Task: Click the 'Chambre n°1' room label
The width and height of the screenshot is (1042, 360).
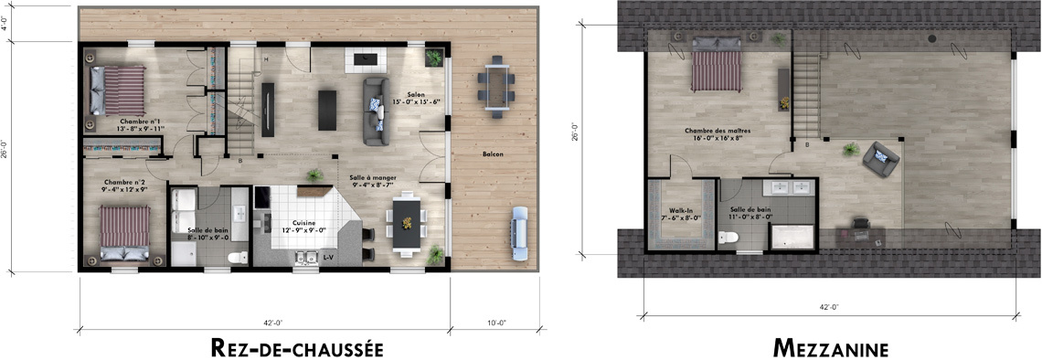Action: click(140, 121)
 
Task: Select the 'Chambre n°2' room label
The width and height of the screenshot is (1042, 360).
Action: click(125, 181)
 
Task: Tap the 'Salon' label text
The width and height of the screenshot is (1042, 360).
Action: click(416, 93)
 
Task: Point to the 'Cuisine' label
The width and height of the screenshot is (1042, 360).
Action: click(303, 222)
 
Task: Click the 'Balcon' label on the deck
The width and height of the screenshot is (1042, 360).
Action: click(493, 154)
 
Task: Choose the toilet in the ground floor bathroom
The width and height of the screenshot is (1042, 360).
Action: click(239, 257)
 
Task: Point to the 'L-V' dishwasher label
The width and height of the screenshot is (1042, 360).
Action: click(328, 259)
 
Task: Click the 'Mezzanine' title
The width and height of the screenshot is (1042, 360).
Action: click(829, 348)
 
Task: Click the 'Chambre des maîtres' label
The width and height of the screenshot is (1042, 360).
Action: click(718, 131)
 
